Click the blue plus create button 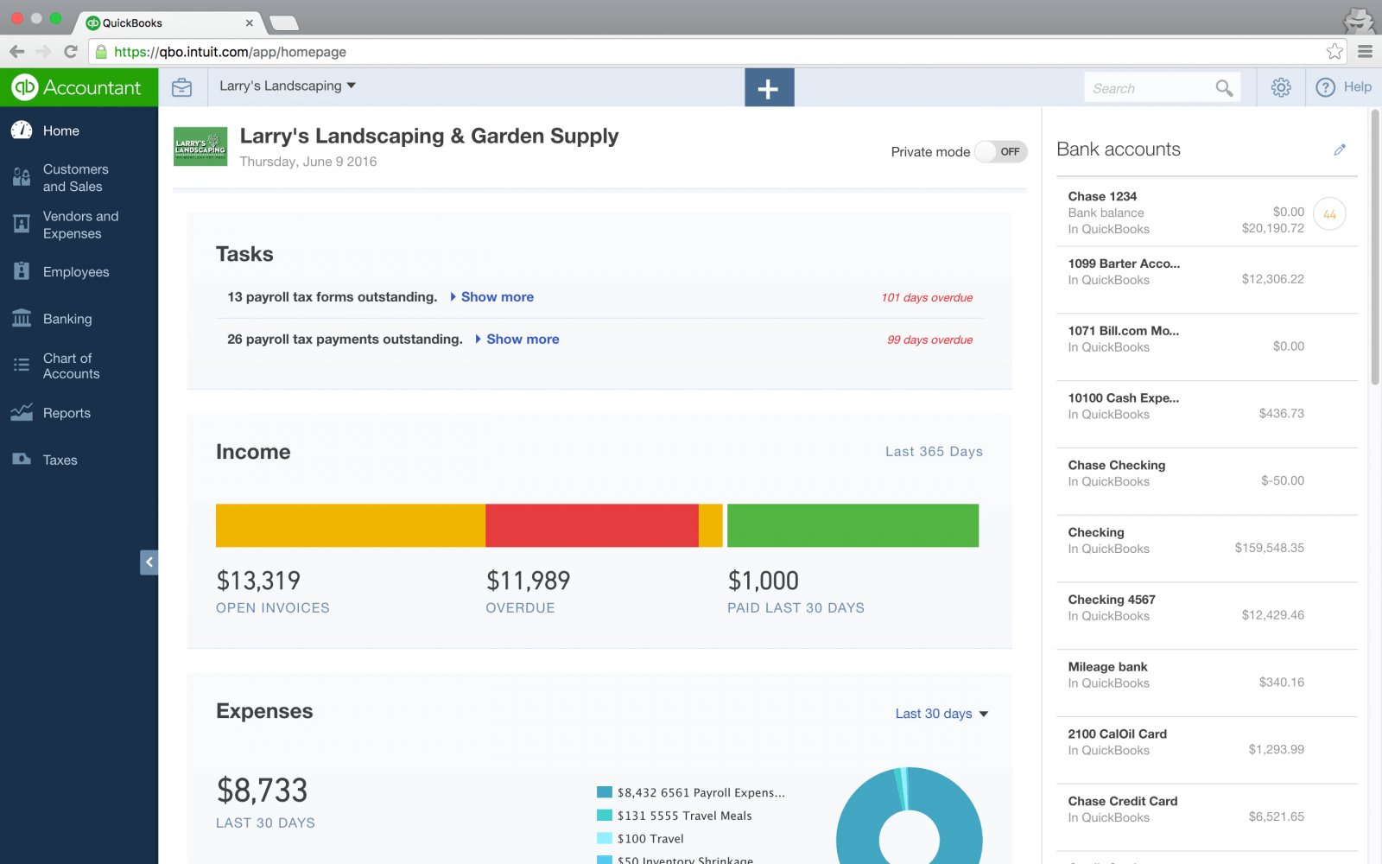pyautogui.click(x=769, y=88)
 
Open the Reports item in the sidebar pyautogui.click(x=67, y=413)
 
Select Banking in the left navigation pyautogui.click(x=67, y=319)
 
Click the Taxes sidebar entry pyautogui.click(x=60, y=460)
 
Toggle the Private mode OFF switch pyautogui.click(x=1001, y=152)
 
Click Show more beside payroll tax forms pyautogui.click(x=497, y=297)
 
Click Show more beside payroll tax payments pyautogui.click(x=522, y=340)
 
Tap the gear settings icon pyautogui.click(x=1281, y=87)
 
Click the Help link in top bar pyautogui.click(x=1344, y=87)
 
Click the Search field pyautogui.click(x=1149, y=88)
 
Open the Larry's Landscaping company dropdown pyautogui.click(x=288, y=86)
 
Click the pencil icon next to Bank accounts pyautogui.click(x=1340, y=149)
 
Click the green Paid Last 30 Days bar pyautogui.click(x=853, y=525)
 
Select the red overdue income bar pyautogui.click(x=592, y=525)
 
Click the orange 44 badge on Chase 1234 pyautogui.click(x=1329, y=214)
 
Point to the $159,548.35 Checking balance pyautogui.click(x=1269, y=548)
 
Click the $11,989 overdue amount pyautogui.click(x=528, y=581)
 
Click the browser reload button pyautogui.click(x=71, y=52)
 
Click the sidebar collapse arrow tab pyautogui.click(x=149, y=562)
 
